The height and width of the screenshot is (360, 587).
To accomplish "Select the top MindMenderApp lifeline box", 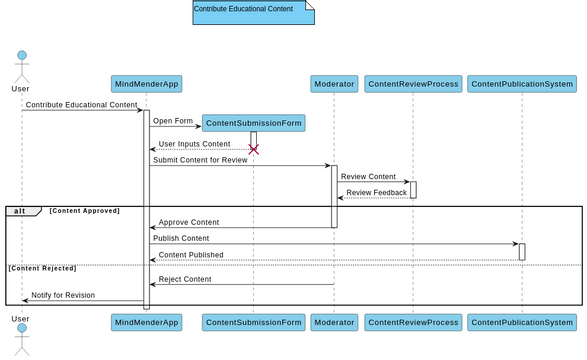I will pos(146,84).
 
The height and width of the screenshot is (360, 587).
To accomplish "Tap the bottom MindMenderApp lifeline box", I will pos(146,322).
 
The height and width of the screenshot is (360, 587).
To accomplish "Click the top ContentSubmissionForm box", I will pos(253,123).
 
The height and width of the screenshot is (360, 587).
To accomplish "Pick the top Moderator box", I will pos(333,84).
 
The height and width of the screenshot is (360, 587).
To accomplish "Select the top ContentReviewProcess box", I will pos(413,84).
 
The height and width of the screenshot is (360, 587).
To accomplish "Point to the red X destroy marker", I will pos(253,149).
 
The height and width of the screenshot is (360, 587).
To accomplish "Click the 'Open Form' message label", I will pos(173,121).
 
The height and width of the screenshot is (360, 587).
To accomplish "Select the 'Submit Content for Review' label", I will pos(200,160).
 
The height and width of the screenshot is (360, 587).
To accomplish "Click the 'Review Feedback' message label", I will pos(376,192).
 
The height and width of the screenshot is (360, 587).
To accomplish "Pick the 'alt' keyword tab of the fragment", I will pos(20,211).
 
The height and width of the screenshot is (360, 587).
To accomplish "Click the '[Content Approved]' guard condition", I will pos(84,211).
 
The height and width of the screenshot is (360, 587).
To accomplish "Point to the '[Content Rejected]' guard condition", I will pos(42,268).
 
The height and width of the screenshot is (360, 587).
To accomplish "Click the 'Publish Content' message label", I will pos(181,238).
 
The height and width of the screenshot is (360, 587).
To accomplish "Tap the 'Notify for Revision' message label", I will pos(63,295).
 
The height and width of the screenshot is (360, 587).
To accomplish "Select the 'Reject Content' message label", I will pos(185,279).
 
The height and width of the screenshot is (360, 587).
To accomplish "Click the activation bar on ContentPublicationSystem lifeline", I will pos(522,251).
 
